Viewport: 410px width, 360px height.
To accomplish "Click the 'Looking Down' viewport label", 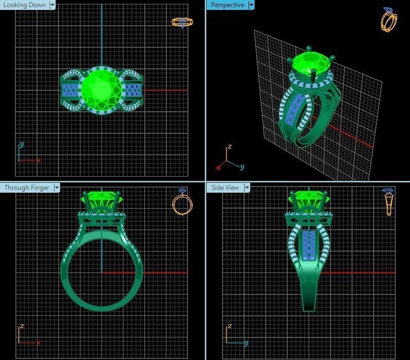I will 24,5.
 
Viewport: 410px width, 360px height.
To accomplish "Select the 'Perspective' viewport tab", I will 227,5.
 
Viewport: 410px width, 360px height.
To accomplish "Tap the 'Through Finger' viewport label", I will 26,188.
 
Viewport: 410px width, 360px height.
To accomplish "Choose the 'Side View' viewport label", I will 225,188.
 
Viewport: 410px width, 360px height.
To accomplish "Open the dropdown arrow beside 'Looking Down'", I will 52,5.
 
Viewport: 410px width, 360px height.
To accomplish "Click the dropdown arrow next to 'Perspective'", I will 251,5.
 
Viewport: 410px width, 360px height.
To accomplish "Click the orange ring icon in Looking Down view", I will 182,23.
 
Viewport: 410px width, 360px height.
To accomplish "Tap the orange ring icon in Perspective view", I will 389,20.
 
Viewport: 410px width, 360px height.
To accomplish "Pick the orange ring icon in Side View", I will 389,201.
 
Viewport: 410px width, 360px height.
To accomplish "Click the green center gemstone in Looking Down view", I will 100,88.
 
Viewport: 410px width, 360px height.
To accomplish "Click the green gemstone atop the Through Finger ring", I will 101,200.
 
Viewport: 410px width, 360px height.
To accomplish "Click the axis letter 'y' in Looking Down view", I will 21,144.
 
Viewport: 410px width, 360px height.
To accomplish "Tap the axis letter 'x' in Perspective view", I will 218,166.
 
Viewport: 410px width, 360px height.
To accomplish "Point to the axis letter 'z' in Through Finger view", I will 21,326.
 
